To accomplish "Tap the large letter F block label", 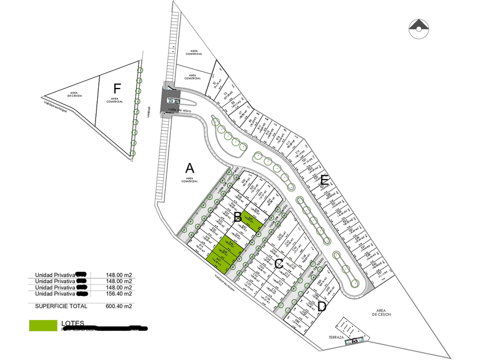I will (x=118, y=88).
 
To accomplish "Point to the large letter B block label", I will (x=237, y=217).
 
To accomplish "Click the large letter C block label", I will (x=279, y=263).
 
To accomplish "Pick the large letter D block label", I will (x=322, y=306).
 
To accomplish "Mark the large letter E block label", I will (x=324, y=181).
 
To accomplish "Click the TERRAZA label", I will (x=336, y=337).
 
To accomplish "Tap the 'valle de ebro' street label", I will (x=187, y=110).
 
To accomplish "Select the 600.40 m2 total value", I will (x=119, y=306).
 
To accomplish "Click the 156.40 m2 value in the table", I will (x=119, y=294).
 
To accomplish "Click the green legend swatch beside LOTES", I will (x=43, y=325).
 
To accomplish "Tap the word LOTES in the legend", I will (x=73, y=323).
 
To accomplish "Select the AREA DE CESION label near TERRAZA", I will (x=381, y=313).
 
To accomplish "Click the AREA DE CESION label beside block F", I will (x=74, y=94).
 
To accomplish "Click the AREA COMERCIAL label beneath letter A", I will (x=189, y=179).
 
